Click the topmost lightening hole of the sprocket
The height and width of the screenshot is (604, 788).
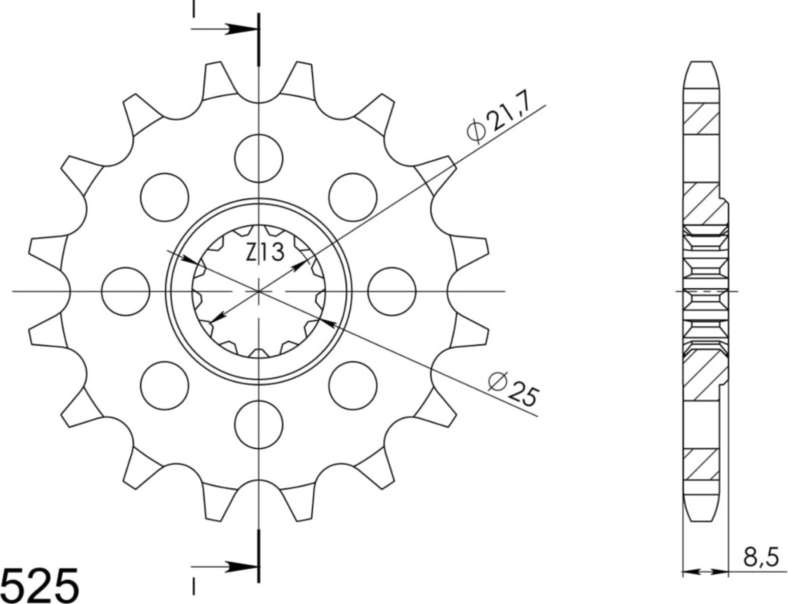point(258,157)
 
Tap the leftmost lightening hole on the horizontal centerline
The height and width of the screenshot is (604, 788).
point(126,291)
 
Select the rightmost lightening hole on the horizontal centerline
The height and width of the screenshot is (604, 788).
point(392,291)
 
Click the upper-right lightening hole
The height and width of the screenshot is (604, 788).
point(352,197)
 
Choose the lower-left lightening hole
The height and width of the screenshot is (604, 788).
point(165,385)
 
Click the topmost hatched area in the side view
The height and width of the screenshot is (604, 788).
point(701,118)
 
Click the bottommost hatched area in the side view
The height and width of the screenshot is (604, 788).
point(701,465)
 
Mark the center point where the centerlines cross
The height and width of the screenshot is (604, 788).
point(258,291)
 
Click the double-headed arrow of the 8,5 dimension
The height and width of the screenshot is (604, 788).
point(703,570)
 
